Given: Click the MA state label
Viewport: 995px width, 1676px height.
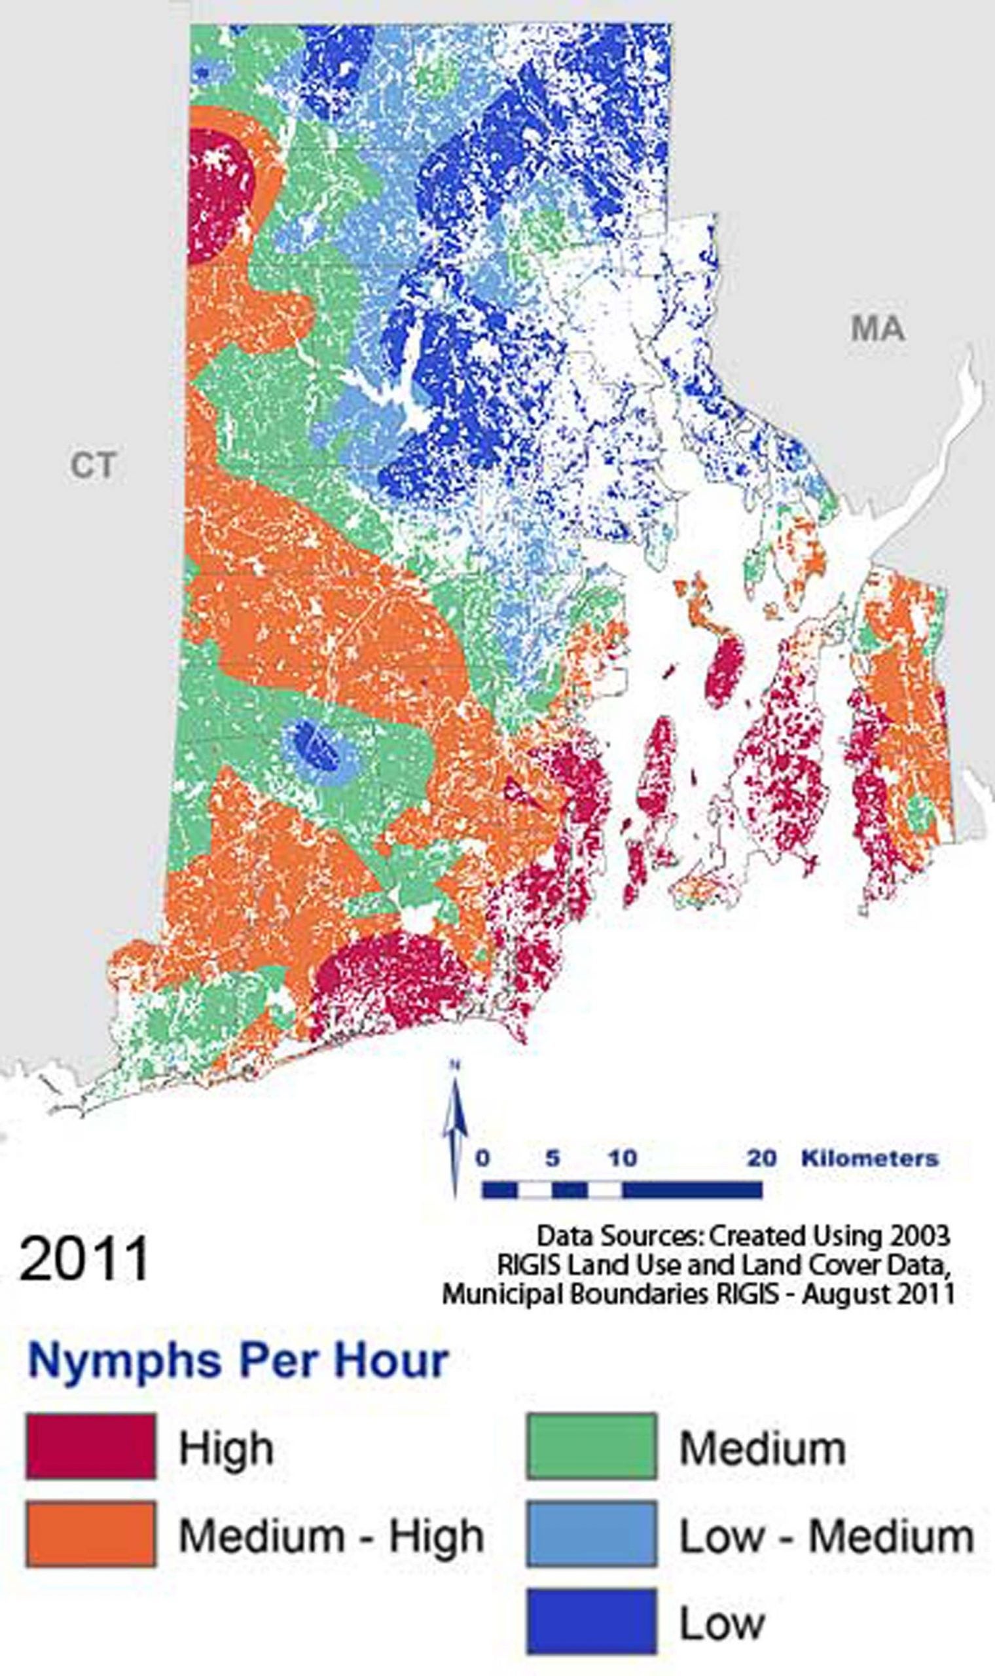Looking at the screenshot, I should click(x=878, y=329).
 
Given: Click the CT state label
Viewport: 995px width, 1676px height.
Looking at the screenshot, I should click(x=92, y=465).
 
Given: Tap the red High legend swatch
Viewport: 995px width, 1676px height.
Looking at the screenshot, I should click(x=90, y=1447).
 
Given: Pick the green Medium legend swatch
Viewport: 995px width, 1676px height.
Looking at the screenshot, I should click(x=591, y=1447).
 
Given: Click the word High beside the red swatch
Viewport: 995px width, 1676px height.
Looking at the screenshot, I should click(x=226, y=1448).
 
